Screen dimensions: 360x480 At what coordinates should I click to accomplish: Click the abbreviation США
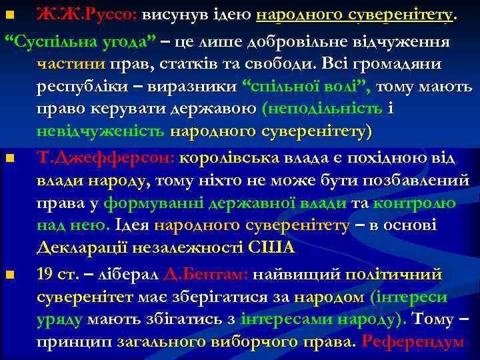tap(271, 248)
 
